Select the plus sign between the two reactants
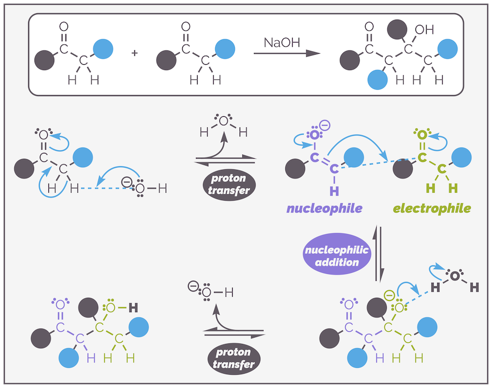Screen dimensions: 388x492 coord(134,54)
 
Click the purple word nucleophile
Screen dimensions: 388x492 coord(324,209)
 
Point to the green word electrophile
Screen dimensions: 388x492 coord(432,209)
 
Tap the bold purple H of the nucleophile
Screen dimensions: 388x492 coord(334,190)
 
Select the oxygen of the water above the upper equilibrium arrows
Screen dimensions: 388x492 coord(223,121)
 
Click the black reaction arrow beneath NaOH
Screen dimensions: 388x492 coord(287,53)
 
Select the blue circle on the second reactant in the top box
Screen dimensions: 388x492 coord(225,49)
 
